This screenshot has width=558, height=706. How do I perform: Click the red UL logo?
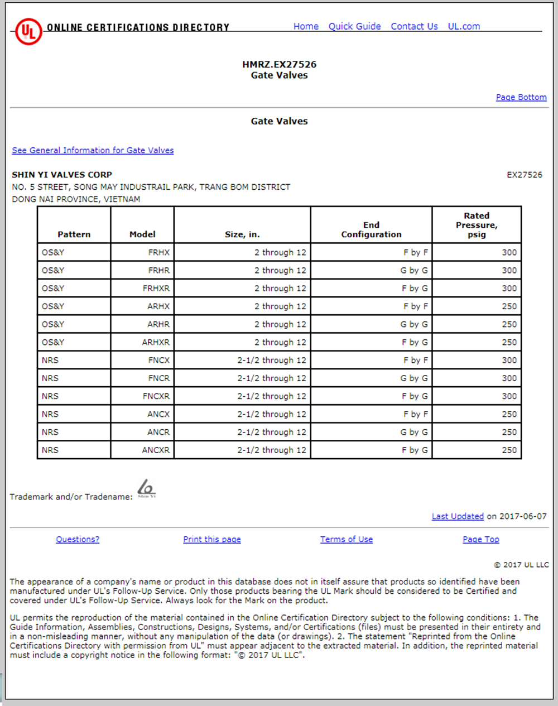point(28,31)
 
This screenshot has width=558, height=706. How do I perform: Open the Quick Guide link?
point(354,26)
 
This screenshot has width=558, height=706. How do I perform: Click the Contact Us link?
point(414,26)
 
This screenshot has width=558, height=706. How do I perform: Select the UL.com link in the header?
point(464,26)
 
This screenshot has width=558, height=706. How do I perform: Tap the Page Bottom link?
point(521,97)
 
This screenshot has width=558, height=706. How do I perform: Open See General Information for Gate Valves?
point(93,150)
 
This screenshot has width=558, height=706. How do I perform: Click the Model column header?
point(142,234)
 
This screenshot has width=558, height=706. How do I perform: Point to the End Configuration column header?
point(371,229)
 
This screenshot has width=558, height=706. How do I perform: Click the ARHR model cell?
point(158,324)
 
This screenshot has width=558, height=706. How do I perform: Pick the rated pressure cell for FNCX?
point(509,361)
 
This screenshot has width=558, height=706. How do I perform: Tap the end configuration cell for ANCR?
point(414,433)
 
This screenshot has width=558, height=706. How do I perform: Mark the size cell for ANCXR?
point(272,450)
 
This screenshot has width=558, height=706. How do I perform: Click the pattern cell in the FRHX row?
point(53,253)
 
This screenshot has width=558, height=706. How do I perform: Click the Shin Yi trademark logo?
point(146,488)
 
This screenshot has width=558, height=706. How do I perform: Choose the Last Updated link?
point(458,516)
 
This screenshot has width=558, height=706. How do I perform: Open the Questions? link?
point(78,539)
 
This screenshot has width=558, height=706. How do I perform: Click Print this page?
point(212,539)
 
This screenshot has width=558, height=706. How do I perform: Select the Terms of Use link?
point(347,539)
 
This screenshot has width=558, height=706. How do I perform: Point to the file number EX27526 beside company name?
point(524,175)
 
